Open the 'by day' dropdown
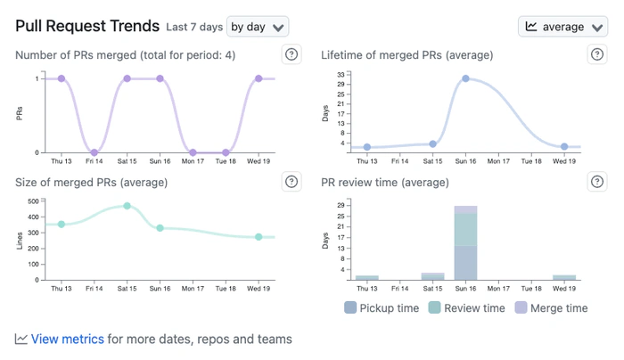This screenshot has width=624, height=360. point(258,27)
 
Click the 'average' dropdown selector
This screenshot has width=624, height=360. point(562,27)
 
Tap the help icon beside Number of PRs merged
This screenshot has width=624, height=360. point(291,55)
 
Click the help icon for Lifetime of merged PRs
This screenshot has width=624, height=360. point(597,55)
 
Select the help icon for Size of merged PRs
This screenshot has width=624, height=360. point(291,182)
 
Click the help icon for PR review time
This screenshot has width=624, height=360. point(597,182)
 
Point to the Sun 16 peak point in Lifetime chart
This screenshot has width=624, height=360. point(465,78)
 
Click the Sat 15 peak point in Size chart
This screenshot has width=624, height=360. point(127,206)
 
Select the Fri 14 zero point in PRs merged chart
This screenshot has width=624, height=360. point(94,152)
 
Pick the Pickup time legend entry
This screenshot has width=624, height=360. point(382,308)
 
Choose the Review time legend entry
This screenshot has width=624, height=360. point(467,308)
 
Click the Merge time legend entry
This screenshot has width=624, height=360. point(551,308)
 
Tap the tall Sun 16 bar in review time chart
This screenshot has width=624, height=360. point(465,245)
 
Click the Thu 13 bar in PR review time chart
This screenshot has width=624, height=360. point(367,278)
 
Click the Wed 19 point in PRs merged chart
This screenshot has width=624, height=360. point(259,78)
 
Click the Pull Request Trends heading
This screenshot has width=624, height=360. point(87,27)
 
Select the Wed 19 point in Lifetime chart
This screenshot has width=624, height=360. point(564,146)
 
